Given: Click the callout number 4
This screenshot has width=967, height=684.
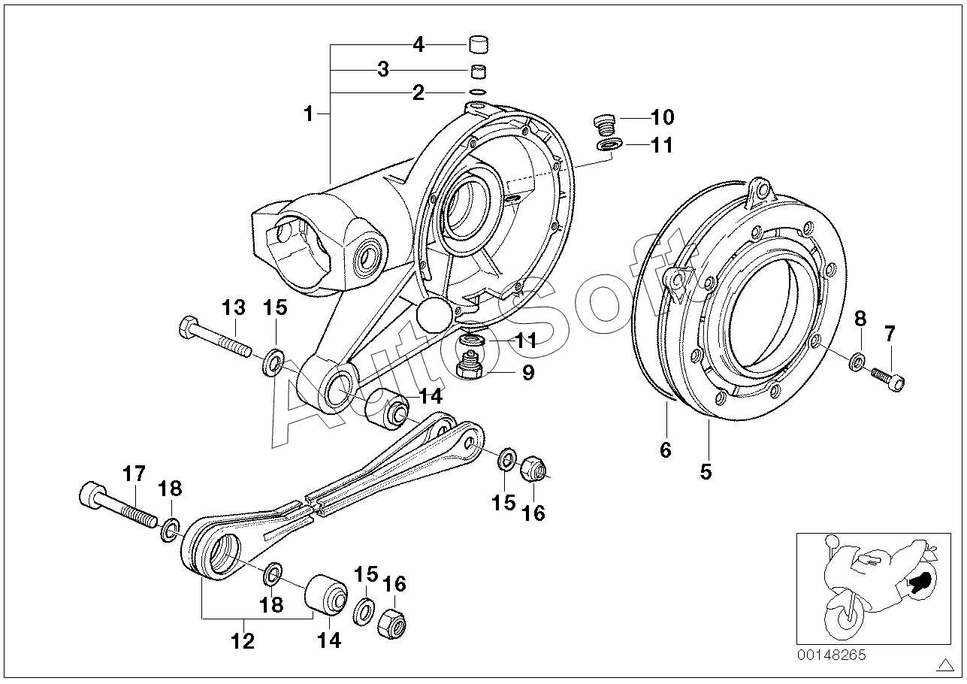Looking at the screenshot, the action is [419, 44].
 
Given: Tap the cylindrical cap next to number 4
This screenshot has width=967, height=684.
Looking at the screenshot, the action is [479, 45].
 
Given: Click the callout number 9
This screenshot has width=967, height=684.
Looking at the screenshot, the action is [528, 372].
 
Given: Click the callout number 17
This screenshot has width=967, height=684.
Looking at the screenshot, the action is [134, 474].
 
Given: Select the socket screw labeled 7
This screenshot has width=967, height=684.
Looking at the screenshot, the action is [888, 380].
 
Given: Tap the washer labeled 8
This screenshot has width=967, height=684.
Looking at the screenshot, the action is [858, 362].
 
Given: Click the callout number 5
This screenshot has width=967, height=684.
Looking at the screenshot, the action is [706, 471].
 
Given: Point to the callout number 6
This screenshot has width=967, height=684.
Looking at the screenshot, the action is [666, 450].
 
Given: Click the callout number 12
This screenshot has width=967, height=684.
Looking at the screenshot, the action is [243, 641].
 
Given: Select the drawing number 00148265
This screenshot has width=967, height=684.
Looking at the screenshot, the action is [831, 655].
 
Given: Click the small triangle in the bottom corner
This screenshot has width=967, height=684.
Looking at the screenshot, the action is [947, 664].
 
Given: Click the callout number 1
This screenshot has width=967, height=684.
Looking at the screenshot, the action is [308, 114].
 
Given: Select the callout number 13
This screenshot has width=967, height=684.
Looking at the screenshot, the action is [234, 308].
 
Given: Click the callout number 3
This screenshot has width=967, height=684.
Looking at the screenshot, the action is [383, 69].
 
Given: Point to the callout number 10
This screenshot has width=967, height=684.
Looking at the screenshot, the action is [662, 117].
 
